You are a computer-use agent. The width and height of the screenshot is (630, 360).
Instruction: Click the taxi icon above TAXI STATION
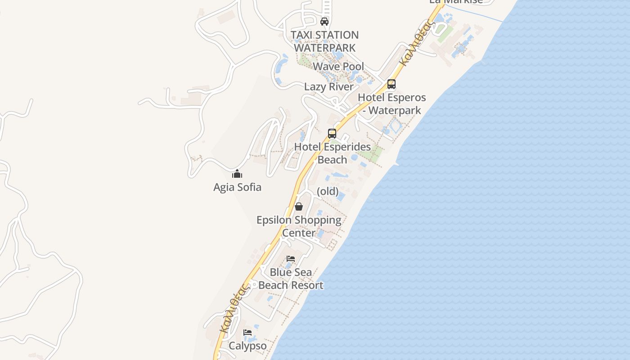tap(324, 21)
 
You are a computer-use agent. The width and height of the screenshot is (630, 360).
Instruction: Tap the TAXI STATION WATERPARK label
tap(324, 41)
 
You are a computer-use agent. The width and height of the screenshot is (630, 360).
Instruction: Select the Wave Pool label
tap(338, 67)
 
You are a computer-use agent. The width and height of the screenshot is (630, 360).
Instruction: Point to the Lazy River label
tap(328, 87)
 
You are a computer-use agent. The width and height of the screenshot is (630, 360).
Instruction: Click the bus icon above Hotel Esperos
tap(391, 84)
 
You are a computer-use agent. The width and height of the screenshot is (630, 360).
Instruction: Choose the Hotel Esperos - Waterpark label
tap(391, 104)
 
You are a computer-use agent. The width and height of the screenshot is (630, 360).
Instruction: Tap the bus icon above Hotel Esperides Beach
tap(332, 134)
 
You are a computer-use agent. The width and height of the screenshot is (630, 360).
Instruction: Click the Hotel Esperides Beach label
tap(333, 153)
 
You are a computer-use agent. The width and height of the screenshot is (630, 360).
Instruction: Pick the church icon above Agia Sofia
tap(237, 174)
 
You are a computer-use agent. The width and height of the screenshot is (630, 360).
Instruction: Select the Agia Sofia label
tap(237, 187)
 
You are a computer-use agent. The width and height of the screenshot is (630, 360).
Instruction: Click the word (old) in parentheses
tap(328, 191)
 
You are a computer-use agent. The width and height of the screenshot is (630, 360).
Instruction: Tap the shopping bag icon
tap(298, 207)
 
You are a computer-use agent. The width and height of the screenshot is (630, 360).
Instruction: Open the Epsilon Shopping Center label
tap(299, 226)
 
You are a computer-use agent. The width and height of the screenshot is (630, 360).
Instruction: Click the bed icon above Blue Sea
tap(291, 259)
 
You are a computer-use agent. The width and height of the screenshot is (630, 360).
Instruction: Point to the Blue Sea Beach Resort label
tap(291, 279)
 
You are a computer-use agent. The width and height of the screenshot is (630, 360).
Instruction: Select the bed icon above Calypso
tap(247, 333)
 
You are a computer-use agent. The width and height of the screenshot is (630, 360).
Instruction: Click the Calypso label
tap(247, 346)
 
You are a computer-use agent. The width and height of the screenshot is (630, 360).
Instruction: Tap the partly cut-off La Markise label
tap(456, 2)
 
